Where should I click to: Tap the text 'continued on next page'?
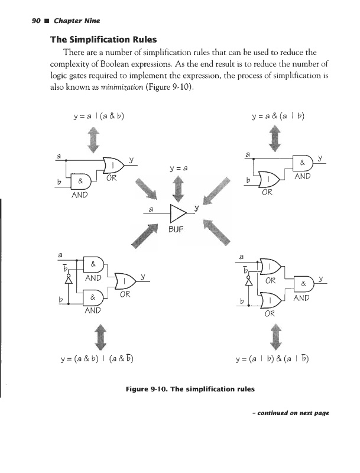point(291,413)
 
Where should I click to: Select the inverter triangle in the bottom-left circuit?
point(69,280)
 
